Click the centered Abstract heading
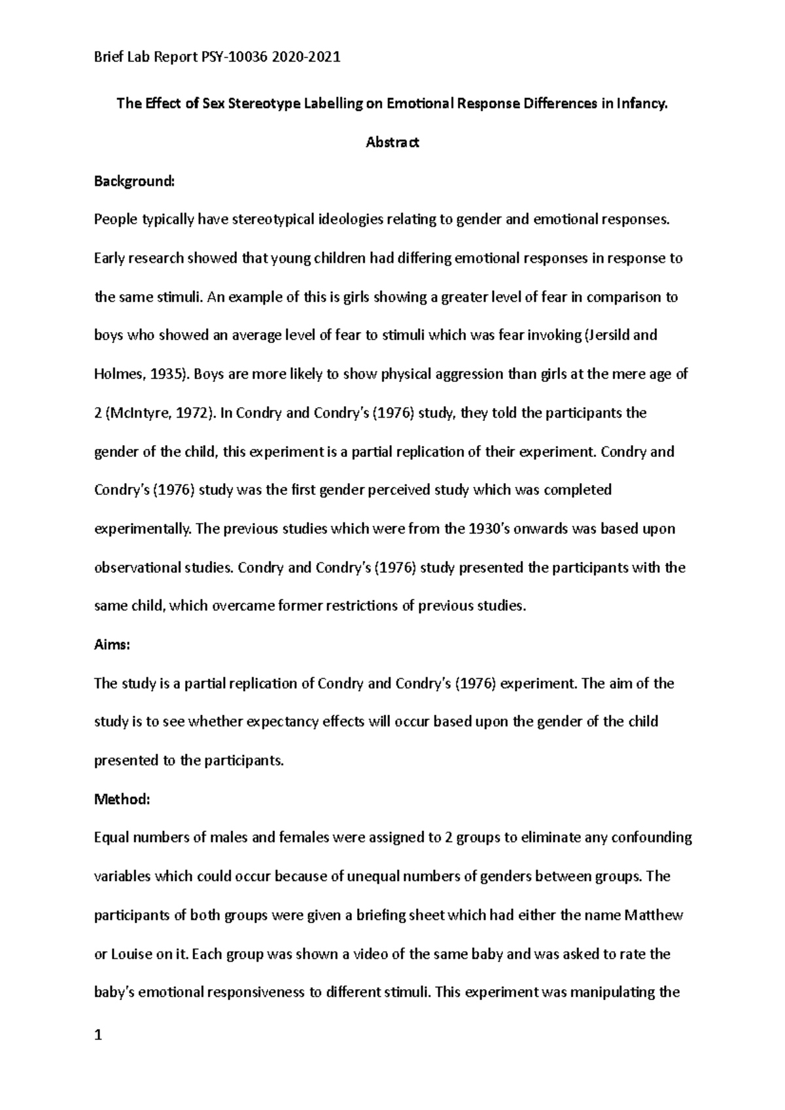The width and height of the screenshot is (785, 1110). (x=392, y=142)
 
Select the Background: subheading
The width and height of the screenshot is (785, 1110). (x=135, y=181)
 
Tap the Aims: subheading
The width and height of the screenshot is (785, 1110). (x=113, y=645)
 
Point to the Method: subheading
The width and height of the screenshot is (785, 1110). (x=122, y=799)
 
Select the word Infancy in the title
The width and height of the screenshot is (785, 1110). (x=643, y=103)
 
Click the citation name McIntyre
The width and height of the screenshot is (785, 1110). (x=139, y=412)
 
